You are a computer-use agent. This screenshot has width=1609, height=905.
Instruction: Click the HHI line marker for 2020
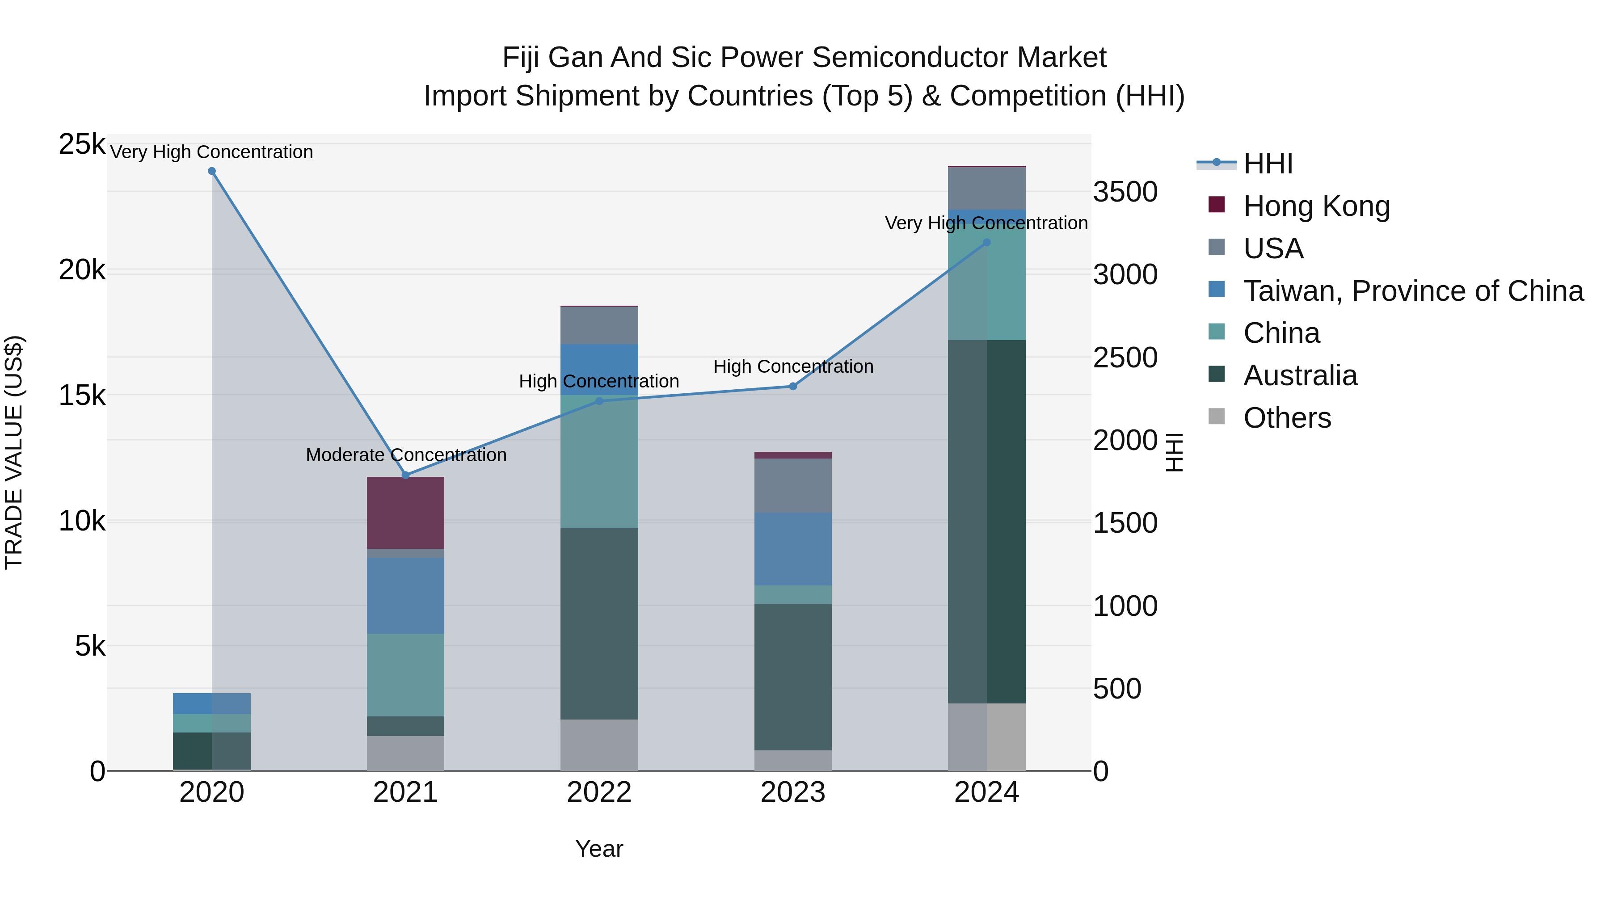coord(212,171)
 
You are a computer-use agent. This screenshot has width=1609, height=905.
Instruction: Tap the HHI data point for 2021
coord(405,476)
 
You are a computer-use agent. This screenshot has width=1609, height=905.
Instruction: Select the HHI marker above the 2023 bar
coord(793,386)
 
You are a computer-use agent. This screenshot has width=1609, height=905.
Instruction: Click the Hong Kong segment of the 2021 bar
coord(405,513)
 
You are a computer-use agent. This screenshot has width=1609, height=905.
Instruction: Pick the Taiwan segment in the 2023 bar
coord(793,549)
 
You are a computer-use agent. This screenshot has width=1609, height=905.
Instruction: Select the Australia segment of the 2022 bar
coord(599,623)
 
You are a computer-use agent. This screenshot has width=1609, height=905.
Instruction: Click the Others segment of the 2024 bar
coord(987,737)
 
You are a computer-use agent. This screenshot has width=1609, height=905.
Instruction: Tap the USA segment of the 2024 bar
coord(987,188)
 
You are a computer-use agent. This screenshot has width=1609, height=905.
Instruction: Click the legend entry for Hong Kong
coord(1316,206)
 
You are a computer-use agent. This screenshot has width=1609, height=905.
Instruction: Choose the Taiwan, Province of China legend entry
coord(1413,291)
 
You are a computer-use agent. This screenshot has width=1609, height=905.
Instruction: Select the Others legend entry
coord(1287,418)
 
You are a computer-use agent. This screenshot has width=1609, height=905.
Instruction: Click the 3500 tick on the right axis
coord(1125,192)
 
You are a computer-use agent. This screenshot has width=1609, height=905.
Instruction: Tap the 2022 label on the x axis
coord(599,792)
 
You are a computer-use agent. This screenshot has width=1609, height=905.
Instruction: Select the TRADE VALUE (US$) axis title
coord(14,452)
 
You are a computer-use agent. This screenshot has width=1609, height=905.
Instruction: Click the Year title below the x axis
coord(599,849)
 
